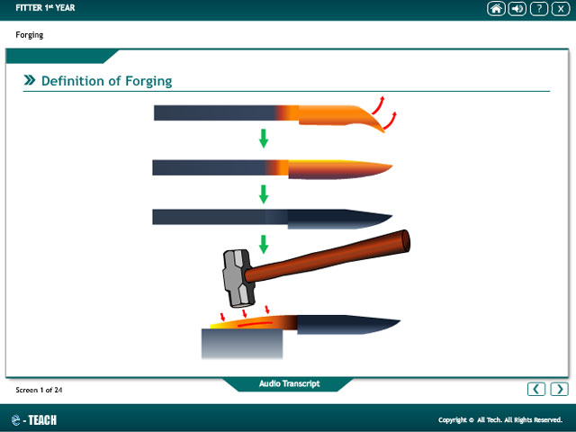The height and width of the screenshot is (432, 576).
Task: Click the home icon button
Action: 496,8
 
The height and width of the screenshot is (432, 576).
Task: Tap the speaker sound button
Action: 517,8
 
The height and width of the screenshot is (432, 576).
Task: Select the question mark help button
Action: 539,8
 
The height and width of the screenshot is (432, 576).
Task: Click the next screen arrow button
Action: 559,389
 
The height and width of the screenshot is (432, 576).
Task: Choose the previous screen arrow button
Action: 536,389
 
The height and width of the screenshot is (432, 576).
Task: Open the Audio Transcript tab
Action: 289,384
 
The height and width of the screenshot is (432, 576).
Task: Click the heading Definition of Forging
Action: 106,81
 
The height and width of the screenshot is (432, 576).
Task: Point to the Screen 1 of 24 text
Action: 39,390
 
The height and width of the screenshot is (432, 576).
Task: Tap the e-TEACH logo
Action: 34,420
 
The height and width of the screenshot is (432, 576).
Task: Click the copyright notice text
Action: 500,420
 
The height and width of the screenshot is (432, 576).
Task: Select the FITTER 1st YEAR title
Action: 45,8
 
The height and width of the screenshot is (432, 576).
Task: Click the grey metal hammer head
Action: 238,278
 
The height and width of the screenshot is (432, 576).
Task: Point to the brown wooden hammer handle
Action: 327,256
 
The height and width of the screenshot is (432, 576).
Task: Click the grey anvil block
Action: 242,344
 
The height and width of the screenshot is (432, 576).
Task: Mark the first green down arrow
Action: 264,138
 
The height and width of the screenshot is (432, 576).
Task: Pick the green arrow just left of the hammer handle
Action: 264,244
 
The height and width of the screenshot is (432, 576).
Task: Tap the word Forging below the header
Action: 30,35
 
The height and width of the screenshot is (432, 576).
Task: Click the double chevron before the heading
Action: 30,80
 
